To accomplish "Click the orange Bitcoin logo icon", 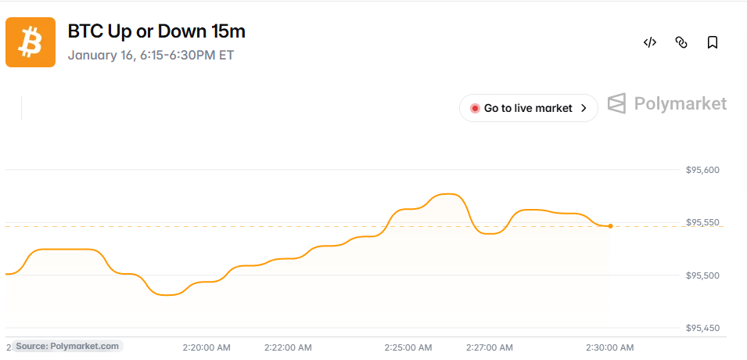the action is (31, 42).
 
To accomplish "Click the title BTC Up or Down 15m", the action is (156, 31).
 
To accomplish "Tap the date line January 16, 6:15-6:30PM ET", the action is (150, 55).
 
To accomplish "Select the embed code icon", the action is (650, 42).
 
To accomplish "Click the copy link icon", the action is (681, 42).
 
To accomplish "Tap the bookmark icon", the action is (713, 42).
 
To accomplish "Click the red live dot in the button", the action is (475, 108).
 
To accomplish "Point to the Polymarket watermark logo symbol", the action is (616, 103).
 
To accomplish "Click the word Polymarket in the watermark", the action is (681, 103).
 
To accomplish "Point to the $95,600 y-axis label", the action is (702, 170).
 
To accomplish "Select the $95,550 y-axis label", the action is (702, 223).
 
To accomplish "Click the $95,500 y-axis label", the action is (702, 275).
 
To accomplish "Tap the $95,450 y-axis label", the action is (702, 329).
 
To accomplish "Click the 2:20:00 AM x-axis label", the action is (207, 347).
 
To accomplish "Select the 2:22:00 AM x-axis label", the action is (288, 347).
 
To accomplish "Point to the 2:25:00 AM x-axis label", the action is (408, 347).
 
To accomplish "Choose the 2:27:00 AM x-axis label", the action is (490, 347).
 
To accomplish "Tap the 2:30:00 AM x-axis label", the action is (610, 347).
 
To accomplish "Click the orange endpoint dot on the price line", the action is (610, 226).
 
